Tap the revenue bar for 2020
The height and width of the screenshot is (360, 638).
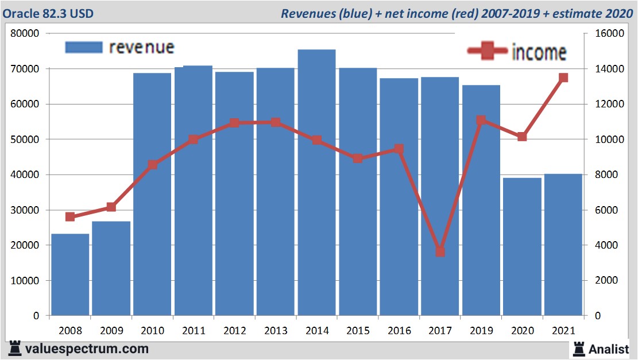click(522, 246)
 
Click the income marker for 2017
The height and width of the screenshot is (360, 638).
click(440, 252)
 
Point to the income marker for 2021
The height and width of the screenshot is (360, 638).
click(563, 78)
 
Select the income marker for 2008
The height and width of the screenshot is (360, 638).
click(70, 216)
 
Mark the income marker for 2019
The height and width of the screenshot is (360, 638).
click(481, 121)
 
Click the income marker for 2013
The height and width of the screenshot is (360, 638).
click(276, 122)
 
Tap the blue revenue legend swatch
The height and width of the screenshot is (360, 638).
click(84, 47)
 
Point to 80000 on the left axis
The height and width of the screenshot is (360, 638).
click(25, 33)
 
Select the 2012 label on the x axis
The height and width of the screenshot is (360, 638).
click(235, 331)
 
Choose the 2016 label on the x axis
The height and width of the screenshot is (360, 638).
click(399, 331)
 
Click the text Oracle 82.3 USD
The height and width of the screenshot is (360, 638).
click(49, 13)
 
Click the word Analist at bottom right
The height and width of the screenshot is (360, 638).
click(609, 349)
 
